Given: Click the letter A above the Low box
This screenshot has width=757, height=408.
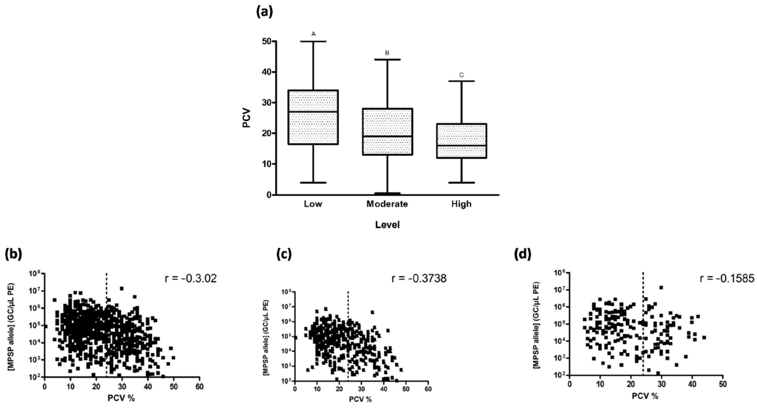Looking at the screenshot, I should coord(313,34).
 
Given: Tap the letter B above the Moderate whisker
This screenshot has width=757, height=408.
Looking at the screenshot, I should coord(387,53).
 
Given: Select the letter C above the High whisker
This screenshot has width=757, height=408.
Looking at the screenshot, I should coord(461,75).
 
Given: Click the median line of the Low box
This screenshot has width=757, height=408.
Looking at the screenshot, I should coord(313,112).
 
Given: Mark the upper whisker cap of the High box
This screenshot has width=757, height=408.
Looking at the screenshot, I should coord(461,81).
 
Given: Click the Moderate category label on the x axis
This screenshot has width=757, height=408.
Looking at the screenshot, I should coord(387,204).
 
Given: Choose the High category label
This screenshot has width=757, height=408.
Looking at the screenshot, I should coord(461,204).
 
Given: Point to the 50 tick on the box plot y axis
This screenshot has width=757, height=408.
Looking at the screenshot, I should coord(267,41).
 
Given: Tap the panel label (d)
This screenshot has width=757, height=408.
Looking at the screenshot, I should coord(523,255).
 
